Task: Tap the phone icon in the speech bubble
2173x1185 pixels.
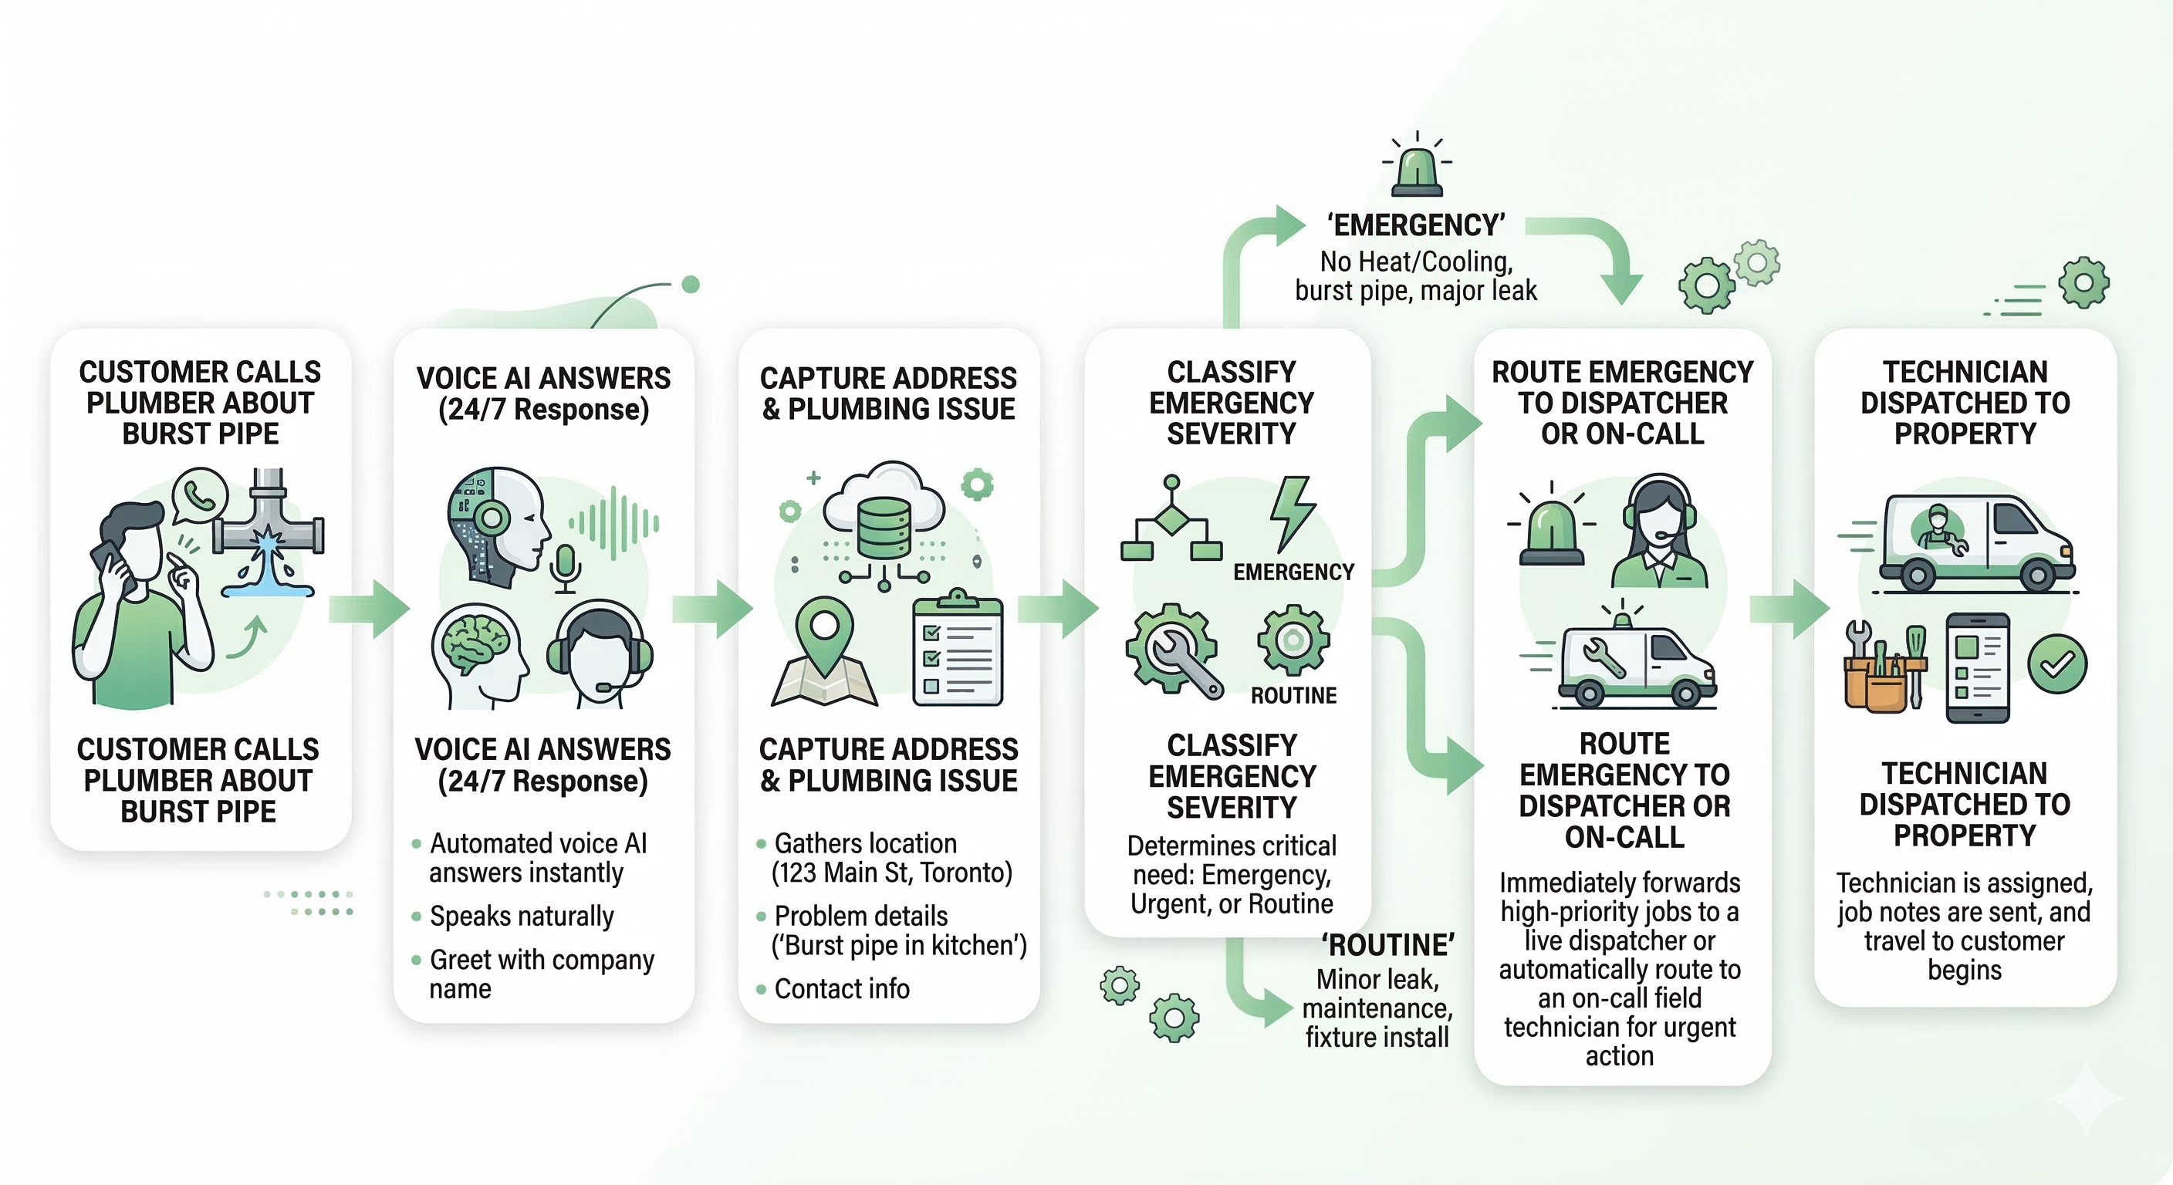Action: pyautogui.click(x=200, y=497)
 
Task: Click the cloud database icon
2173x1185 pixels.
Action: pyautogui.click(x=884, y=515)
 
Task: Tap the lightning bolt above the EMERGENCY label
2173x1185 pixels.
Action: pyautogui.click(x=1292, y=512)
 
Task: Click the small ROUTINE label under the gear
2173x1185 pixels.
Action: pyautogui.click(x=1293, y=696)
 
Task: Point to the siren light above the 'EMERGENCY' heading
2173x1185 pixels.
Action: pyautogui.click(x=1418, y=170)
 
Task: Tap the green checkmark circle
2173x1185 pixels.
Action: pyautogui.click(x=2056, y=664)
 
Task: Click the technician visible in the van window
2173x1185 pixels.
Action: pyautogui.click(x=1938, y=530)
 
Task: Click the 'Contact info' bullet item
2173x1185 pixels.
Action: pyautogui.click(x=841, y=988)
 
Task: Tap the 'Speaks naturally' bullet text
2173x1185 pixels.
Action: pyautogui.click(x=522, y=916)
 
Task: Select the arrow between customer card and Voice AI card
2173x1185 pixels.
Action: pyautogui.click(x=370, y=608)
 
